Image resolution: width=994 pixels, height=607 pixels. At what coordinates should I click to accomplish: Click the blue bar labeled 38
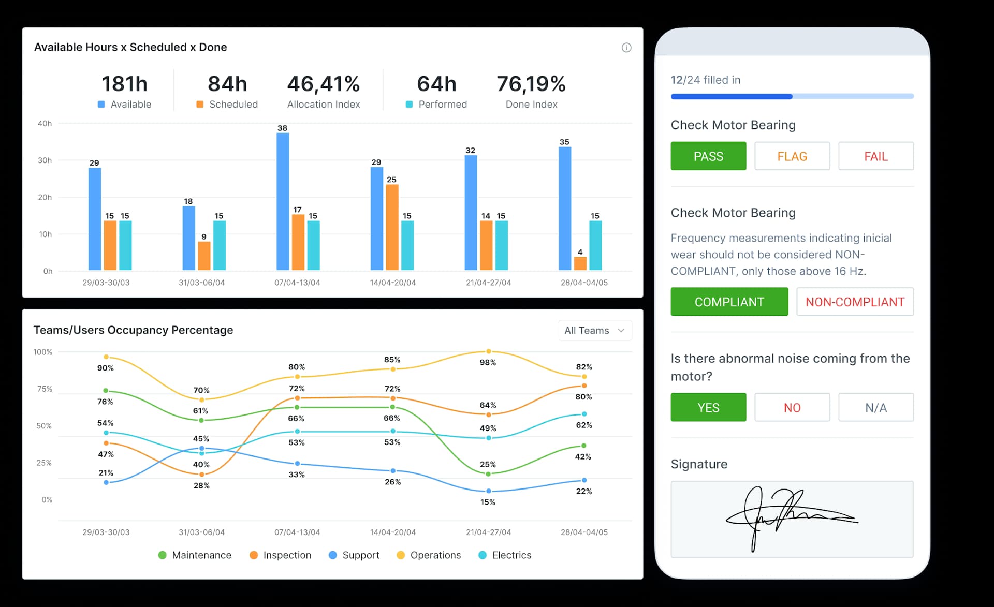point(283,201)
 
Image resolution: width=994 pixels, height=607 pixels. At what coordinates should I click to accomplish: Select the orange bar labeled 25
point(392,227)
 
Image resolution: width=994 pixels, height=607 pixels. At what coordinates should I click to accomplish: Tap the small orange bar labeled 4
point(580,263)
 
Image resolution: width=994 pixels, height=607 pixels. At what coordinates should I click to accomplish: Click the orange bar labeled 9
point(204,256)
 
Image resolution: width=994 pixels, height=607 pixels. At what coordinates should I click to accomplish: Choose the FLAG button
point(792,156)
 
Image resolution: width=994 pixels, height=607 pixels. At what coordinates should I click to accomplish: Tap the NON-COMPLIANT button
point(855,302)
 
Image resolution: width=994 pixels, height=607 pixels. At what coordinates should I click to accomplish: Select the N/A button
point(875,408)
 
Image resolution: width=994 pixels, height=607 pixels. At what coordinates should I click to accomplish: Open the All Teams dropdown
point(595,331)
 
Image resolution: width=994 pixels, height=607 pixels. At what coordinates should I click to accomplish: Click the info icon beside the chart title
point(626,48)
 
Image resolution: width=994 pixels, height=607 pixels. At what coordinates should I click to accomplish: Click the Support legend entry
point(354,555)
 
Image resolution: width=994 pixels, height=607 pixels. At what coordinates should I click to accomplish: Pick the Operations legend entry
point(429,555)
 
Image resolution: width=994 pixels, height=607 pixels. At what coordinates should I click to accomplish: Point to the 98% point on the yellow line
point(488,351)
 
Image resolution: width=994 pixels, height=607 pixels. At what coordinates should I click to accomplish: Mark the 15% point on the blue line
point(488,491)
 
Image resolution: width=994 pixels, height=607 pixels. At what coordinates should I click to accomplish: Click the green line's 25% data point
point(488,473)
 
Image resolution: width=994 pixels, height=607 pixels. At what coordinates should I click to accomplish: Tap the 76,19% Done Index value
point(531,84)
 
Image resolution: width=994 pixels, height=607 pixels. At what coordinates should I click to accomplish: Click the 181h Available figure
point(124,84)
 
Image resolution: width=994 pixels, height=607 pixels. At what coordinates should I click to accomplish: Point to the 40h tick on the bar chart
point(45,124)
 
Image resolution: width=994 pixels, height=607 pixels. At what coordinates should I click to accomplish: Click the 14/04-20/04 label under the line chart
point(392,532)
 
